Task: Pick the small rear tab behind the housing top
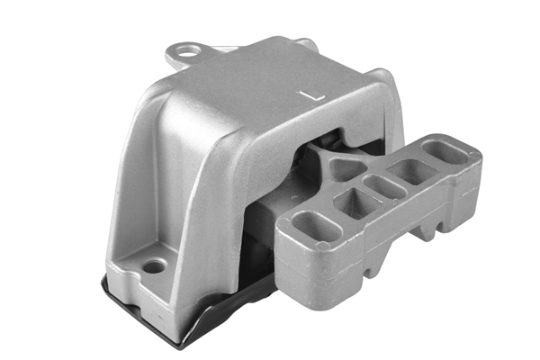(x=306, y=43)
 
